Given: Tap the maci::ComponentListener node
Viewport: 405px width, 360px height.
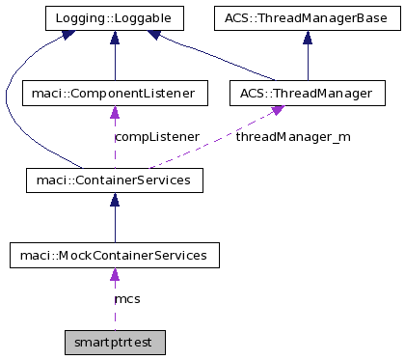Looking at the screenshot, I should (x=115, y=94).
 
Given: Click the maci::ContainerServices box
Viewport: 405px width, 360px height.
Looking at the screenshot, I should (x=115, y=179).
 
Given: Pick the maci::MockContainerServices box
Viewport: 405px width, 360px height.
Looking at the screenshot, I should (x=115, y=256).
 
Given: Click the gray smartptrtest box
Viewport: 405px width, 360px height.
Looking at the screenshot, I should (x=115, y=342).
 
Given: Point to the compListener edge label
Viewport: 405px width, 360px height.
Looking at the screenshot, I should (x=156, y=137).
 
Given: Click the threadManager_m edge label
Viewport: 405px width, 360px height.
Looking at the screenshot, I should (x=293, y=137).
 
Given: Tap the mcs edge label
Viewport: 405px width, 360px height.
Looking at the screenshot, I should (x=127, y=299).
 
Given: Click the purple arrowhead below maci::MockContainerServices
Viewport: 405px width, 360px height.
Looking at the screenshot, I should (x=115, y=275).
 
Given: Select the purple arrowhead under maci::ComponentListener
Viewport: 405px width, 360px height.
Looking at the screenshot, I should (x=115, y=113).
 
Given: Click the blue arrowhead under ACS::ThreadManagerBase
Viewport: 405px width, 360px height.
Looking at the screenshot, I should (x=307, y=36).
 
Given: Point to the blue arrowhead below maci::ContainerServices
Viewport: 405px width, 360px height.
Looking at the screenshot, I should (x=115, y=199).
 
